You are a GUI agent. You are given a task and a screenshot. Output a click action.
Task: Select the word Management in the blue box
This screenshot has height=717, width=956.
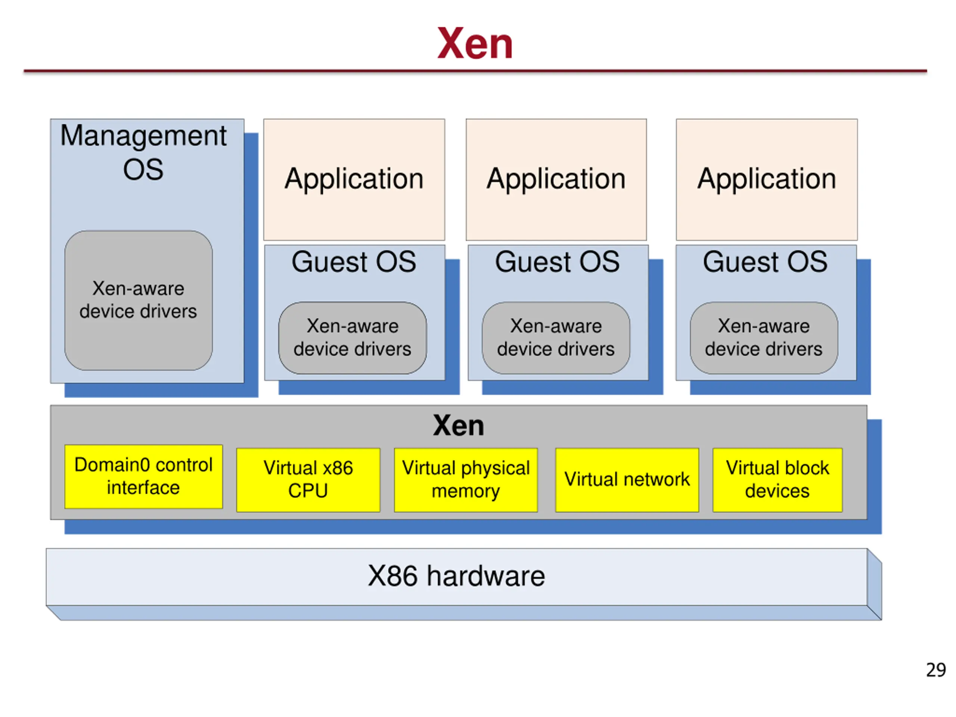(143, 136)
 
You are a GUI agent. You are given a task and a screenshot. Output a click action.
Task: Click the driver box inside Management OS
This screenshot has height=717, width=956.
(138, 300)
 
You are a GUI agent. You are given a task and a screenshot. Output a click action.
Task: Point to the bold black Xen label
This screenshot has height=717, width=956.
(458, 426)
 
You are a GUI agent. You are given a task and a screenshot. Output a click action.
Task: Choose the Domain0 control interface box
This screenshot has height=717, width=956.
(143, 476)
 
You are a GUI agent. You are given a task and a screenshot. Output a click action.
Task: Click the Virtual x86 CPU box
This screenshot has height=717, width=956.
(308, 480)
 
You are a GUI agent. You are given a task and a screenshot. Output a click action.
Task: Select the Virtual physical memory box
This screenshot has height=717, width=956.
(465, 480)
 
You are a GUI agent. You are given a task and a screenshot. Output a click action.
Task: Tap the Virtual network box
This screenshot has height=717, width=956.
(627, 480)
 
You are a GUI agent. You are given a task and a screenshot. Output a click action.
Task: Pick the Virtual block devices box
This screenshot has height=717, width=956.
(777, 480)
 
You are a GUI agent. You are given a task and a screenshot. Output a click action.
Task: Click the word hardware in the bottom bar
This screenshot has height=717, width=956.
(486, 576)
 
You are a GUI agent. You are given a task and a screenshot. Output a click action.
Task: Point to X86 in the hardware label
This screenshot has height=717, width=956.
(392, 576)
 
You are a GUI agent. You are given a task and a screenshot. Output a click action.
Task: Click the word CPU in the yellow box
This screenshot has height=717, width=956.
(308, 491)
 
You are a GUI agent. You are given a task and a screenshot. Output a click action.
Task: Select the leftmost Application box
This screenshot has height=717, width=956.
(354, 179)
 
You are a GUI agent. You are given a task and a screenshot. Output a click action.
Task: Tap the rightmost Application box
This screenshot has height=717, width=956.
(766, 179)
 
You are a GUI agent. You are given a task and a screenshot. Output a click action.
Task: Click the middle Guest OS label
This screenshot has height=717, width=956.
(557, 262)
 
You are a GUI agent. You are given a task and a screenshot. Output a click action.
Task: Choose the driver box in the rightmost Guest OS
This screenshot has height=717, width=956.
(764, 338)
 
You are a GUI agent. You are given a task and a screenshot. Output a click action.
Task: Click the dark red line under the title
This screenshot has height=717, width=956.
(475, 71)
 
